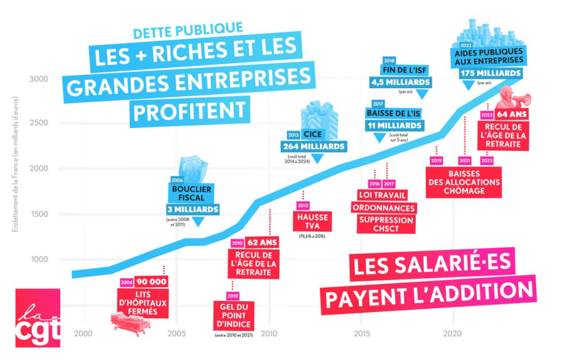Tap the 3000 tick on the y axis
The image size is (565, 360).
(x=38, y=78)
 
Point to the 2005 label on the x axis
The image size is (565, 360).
(x=175, y=333)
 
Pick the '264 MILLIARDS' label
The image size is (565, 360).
(x=314, y=147)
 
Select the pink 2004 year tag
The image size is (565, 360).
(x=127, y=282)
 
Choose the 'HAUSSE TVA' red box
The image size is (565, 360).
(x=312, y=221)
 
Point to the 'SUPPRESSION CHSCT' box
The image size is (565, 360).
(x=385, y=224)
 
